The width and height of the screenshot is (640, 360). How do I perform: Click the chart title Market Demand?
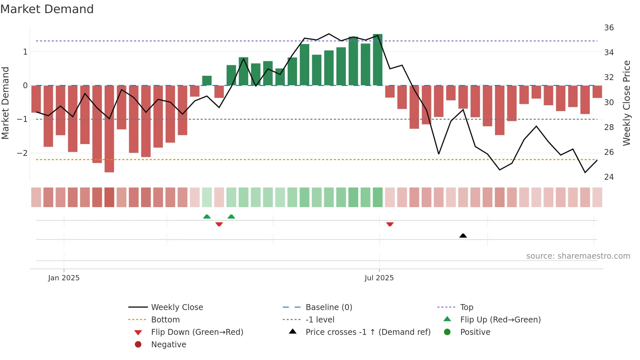point(47,9)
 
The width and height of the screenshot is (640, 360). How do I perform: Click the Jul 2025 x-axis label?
point(379,278)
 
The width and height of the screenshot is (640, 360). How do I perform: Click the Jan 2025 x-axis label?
point(64,278)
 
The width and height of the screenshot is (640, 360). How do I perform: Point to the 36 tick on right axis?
point(609,28)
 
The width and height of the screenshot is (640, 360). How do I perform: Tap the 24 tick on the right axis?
point(609,177)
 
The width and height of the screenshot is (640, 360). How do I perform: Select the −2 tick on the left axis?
point(22,153)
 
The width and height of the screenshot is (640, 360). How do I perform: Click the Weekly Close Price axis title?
point(627,103)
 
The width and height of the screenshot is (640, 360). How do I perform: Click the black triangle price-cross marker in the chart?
point(463,236)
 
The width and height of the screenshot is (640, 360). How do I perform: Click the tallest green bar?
point(377,59)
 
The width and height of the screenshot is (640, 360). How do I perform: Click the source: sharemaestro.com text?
point(578,256)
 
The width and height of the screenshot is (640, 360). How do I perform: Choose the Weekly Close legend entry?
point(177,307)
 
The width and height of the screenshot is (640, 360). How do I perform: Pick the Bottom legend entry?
point(165,320)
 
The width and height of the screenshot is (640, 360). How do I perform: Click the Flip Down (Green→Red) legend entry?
point(197,332)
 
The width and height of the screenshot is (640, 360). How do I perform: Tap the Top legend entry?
point(467,307)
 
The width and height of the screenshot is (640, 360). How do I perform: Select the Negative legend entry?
point(168,345)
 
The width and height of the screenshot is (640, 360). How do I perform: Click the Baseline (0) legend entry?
point(328,307)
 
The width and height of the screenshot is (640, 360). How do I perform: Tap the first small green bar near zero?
point(207,81)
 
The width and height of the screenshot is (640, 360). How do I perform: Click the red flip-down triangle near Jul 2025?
point(390,224)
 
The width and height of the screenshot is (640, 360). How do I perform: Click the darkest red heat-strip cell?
point(109,197)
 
